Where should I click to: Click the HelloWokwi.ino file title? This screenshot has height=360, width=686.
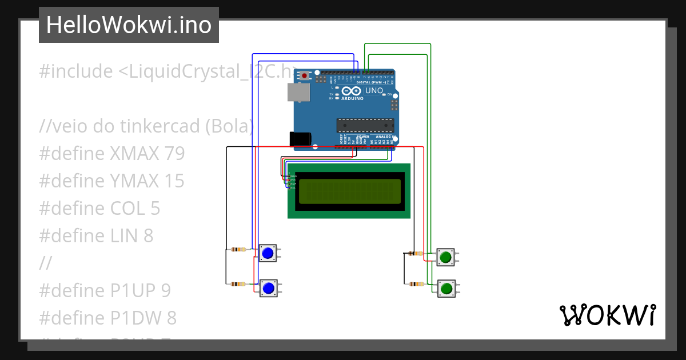(x=129, y=25)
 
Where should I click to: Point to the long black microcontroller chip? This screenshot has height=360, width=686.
(x=365, y=125)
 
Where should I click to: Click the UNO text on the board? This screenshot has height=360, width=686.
(x=374, y=90)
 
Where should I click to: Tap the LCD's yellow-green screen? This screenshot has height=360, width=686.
(x=349, y=191)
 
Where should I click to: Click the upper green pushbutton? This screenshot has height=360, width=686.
(x=445, y=257)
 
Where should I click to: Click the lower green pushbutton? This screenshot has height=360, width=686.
(x=446, y=288)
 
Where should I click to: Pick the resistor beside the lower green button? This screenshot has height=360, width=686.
(x=417, y=284)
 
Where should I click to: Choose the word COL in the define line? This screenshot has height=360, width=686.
(x=126, y=209)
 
